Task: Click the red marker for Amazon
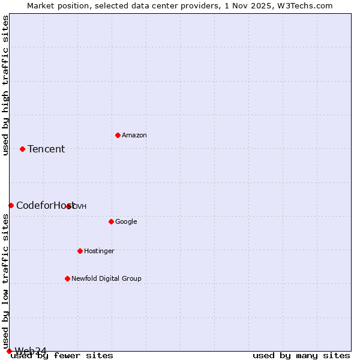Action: coord(118,135)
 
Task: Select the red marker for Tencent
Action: coord(22,149)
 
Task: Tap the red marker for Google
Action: coord(111,221)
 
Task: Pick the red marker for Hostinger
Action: coord(80,251)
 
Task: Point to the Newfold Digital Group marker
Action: coord(67,278)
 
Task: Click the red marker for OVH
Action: coord(69,206)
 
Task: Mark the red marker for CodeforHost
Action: coord(11,205)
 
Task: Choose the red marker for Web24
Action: coord(9,351)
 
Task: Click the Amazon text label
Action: coord(134,136)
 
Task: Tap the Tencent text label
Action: coord(46,149)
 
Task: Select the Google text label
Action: coord(126,222)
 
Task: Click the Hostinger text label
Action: coord(99,251)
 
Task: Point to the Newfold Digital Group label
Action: coord(106,279)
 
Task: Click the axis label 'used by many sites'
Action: coord(301,356)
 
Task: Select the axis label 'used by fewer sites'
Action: coord(62,356)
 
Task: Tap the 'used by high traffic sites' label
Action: coord(6,85)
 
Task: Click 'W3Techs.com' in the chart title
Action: coord(308,6)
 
